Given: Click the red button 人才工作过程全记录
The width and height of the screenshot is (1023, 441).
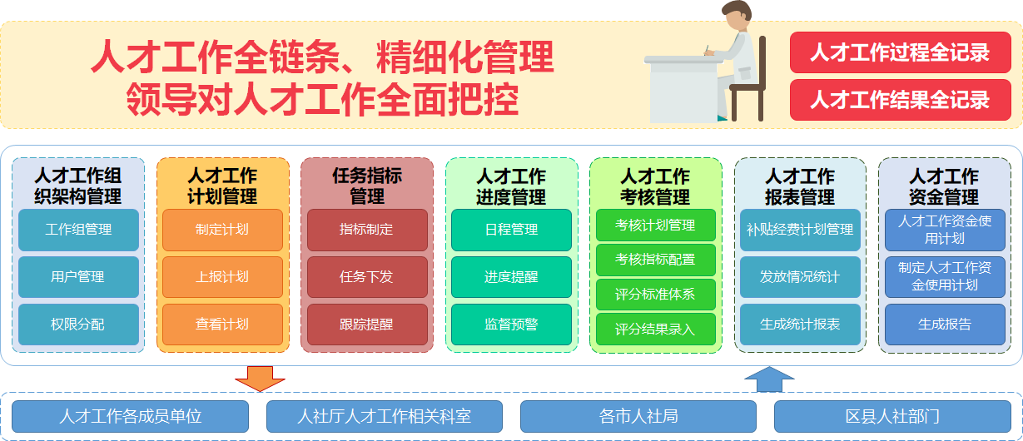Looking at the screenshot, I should coord(900,52).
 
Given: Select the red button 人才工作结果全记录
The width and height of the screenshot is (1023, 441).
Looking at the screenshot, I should coord(900,100).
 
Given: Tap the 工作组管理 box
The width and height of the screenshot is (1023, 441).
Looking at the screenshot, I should coord(78,230).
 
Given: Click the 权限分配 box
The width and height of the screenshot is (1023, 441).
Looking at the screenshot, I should coord(78,325).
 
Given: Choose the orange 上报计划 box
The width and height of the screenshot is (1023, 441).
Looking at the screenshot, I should coord(222,277).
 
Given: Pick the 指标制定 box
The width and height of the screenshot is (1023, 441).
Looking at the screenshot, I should coord(367,230).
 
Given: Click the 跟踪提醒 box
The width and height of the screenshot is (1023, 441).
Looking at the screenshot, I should coord(367,325).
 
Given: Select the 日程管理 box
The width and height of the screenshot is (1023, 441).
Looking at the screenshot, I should coord(511,230).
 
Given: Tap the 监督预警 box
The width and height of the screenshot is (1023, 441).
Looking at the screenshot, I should coord(511,325).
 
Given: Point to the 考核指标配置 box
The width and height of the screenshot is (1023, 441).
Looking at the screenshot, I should coord(655,260).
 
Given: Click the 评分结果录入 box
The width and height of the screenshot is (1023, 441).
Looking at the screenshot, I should coord(655,330).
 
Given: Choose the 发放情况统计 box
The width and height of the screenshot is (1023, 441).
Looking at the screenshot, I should coord(800,277).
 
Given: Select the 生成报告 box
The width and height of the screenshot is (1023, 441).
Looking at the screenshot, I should coord(944,325).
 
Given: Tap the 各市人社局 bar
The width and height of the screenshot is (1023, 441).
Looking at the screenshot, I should coord(638,416).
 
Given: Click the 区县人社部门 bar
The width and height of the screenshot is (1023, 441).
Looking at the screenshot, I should coord(892,416).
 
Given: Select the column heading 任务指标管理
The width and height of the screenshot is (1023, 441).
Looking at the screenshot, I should coord(367,186).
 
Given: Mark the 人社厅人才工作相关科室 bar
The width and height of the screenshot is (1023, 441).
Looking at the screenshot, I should coord(385,416).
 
